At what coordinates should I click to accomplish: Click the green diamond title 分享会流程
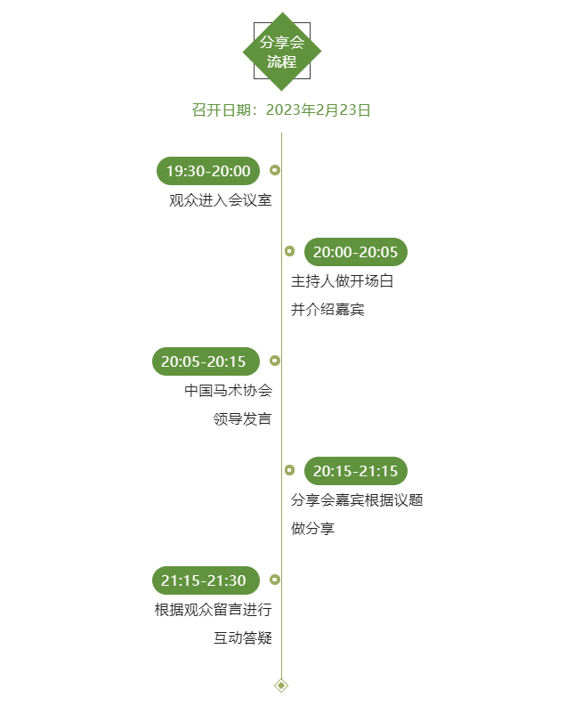coord(282,52)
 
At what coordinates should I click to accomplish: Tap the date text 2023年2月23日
coord(318,110)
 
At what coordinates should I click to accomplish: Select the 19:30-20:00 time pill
coord(208,170)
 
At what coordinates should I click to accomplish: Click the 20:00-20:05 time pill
coord(355,252)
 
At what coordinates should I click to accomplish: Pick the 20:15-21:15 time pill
coord(355,471)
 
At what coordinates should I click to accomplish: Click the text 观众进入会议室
coord(221,200)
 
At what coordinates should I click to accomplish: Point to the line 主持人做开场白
coord(342,281)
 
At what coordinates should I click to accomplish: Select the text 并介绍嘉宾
coord(327,310)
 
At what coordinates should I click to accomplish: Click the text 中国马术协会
coord(228,390)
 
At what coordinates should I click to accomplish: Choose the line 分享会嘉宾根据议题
coord(357,499)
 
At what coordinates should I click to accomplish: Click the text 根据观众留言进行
coord(213,610)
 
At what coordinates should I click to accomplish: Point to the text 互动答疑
coord(242,638)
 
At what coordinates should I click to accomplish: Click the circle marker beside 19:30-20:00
coord(275,169)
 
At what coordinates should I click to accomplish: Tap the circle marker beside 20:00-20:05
coord(289,251)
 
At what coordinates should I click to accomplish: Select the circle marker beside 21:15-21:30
coord(275,580)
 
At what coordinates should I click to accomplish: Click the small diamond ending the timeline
coord(281,685)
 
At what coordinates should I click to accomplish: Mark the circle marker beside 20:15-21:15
coord(289,470)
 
